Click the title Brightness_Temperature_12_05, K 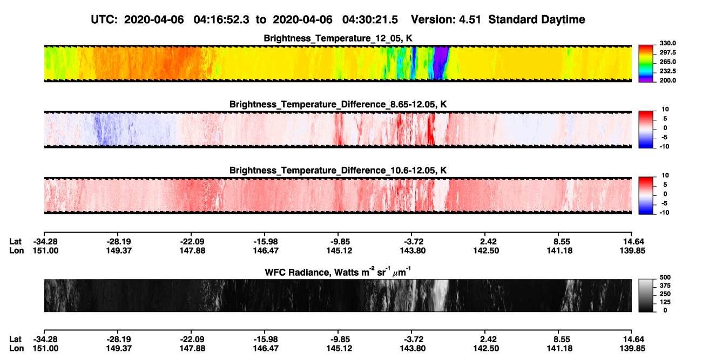click(338, 38)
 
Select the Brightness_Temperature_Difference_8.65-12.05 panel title click(338, 104)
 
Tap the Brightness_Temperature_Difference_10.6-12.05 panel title click(338, 171)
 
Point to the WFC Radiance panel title click(338, 272)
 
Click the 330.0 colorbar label click(667, 43)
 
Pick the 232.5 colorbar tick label click(667, 71)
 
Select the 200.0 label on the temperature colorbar click(667, 80)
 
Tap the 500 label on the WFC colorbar click(665, 277)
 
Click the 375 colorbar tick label click(665, 286)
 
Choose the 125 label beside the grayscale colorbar click(665, 302)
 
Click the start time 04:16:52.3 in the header click(221, 19)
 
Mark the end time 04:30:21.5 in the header click(370, 19)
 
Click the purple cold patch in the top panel click(441, 63)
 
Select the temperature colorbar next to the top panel click(646, 64)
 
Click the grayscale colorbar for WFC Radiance click(646, 295)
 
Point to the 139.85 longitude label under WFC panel click(632, 349)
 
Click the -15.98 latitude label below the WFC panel click(266, 339)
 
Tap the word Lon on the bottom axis click(16, 349)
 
